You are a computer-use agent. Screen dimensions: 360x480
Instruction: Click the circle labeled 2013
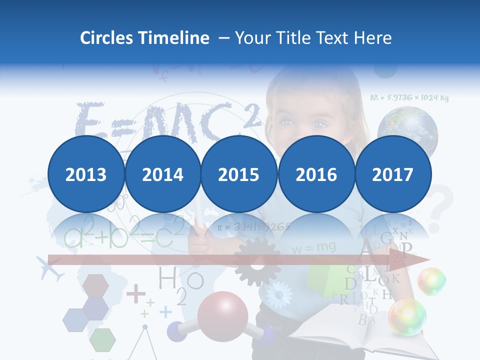pos(86,174)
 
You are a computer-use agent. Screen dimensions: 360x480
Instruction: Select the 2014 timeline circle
pos(162,174)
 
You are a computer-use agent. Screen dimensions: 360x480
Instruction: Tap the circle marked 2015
pos(239,174)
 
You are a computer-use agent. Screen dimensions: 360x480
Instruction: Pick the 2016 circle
pos(316,174)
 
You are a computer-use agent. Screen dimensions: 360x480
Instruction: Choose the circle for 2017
pos(392,174)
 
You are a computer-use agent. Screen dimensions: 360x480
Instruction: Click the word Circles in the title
pos(105,38)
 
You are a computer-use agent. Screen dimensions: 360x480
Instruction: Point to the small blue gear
pos(278,294)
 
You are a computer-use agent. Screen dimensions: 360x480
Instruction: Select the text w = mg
pos(313,247)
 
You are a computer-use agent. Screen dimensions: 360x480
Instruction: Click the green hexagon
pos(102,340)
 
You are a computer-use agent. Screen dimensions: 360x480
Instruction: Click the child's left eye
pos(320,123)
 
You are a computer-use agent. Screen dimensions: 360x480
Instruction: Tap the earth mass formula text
pos(409,97)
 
